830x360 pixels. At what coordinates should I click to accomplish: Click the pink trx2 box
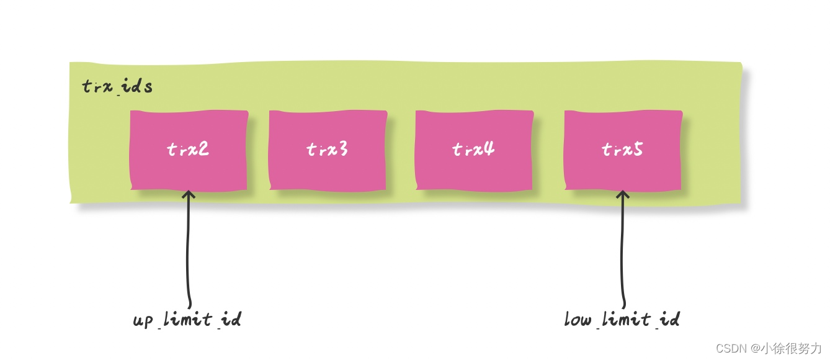tap(189, 150)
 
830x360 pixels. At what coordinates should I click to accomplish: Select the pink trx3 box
tap(328, 150)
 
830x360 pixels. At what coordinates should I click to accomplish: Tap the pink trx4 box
tap(475, 150)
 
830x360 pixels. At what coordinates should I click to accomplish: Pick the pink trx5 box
tap(623, 150)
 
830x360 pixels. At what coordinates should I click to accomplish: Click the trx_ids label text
tap(117, 87)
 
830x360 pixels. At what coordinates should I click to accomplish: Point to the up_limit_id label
tap(187, 320)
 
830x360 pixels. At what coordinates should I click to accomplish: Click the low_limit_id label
tap(622, 320)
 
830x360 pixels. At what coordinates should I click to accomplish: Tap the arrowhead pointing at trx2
tap(189, 195)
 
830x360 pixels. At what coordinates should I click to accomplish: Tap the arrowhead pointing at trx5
tap(623, 195)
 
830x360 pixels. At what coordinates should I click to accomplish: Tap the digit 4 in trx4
tap(489, 150)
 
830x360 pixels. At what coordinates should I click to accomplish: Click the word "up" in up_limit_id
tap(143, 321)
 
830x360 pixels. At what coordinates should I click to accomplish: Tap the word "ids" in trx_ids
tap(137, 87)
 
